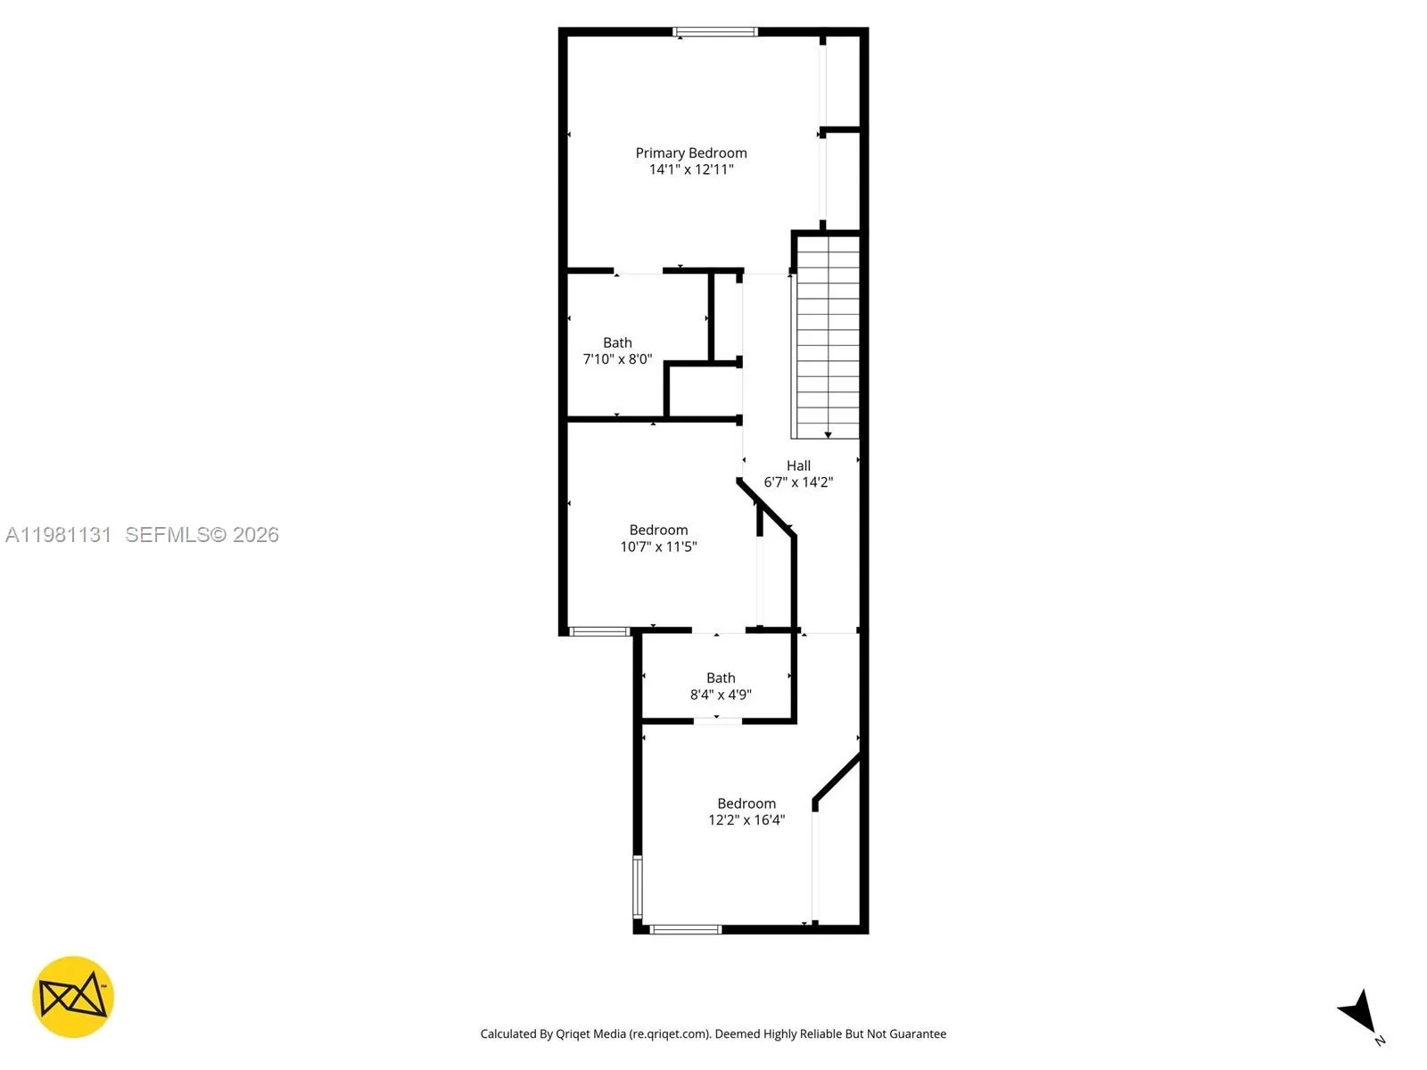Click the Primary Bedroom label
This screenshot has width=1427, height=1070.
(691, 153)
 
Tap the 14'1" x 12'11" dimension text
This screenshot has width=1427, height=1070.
(691, 169)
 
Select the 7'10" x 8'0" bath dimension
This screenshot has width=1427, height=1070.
(617, 359)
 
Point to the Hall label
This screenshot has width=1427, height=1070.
(798, 465)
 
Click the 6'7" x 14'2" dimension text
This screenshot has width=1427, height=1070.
(798, 482)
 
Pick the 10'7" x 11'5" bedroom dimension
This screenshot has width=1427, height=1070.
(658, 547)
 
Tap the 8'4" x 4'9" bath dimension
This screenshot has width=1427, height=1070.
(721, 695)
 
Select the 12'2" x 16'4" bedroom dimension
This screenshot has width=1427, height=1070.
(746, 820)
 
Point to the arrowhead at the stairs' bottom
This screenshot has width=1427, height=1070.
(828, 434)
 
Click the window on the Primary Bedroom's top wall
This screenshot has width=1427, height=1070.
(715, 32)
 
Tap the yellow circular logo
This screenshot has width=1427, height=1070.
(73, 997)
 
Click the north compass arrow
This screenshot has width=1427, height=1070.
(1359, 1012)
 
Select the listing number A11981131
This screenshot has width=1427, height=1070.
(59, 535)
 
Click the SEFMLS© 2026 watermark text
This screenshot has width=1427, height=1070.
(202, 535)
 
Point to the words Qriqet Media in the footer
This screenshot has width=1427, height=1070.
(590, 1034)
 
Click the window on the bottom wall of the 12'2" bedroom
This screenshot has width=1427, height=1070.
(685, 930)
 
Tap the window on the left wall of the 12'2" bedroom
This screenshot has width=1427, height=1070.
(637, 886)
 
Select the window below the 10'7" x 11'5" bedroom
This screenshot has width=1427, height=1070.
(599, 632)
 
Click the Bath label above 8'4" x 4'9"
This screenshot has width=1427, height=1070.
(721, 678)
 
